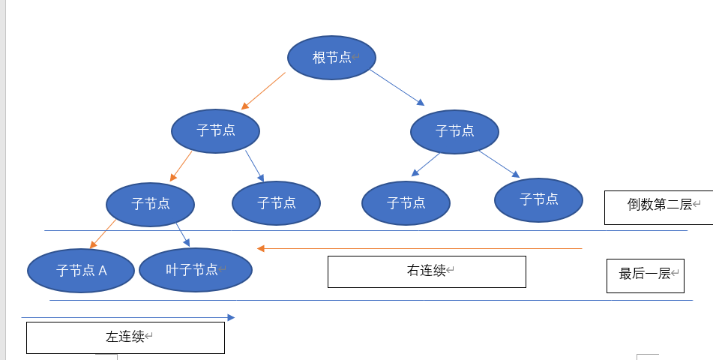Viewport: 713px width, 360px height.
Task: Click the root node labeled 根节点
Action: pos(331,57)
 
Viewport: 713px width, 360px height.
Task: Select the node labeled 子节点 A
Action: pos(81,270)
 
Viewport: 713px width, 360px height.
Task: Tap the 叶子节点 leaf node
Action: pos(196,269)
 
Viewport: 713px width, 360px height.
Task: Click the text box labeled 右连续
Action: pos(427,271)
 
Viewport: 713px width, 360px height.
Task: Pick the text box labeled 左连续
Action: pos(125,337)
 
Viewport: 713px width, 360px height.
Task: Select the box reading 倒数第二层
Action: pos(658,204)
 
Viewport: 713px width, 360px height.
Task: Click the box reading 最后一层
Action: pos(645,275)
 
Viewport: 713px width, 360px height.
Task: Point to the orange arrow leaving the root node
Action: pos(263,91)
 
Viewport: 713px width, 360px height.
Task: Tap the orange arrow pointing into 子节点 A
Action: pos(103,234)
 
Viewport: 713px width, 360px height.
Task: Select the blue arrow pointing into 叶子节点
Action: pos(183,234)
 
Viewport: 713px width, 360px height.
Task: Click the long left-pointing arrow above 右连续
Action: pos(420,248)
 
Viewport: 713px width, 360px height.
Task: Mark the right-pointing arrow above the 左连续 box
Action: pos(127,317)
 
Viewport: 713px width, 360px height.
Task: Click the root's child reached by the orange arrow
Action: pos(215,131)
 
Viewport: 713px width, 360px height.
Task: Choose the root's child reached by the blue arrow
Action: pos(454,132)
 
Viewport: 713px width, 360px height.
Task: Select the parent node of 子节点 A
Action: pos(150,204)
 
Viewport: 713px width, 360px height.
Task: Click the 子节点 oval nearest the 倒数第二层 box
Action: pos(538,199)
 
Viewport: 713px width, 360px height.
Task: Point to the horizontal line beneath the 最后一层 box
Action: pos(645,301)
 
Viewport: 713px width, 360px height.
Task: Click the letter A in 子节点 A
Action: pos(103,271)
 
